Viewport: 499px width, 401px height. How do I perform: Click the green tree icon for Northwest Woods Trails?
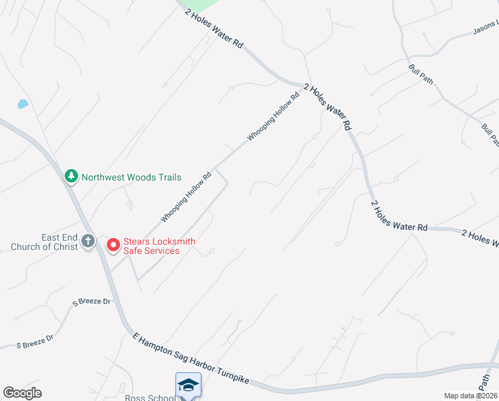click(71, 176)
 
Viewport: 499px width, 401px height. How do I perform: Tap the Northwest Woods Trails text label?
click(131, 177)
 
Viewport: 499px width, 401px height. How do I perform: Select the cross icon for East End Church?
click(88, 242)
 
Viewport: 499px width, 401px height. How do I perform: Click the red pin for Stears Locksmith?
click(113, 245)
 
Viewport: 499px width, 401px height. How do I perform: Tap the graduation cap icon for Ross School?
click(188, 384)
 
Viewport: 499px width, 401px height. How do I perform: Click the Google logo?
click(22, 393)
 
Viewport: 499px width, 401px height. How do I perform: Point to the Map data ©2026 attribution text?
click(470, 396)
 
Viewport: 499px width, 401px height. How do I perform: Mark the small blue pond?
click(23, 104)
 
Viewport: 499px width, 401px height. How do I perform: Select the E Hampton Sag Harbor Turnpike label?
click(191, 358)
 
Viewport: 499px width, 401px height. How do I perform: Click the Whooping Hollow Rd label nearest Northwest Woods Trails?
click(186, 196)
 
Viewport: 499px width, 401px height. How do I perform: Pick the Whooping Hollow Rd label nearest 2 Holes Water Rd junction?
click(274, 115)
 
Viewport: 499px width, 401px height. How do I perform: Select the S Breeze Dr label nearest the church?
click(91, 301)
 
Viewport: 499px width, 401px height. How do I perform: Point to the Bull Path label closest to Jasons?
click(421, 74)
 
